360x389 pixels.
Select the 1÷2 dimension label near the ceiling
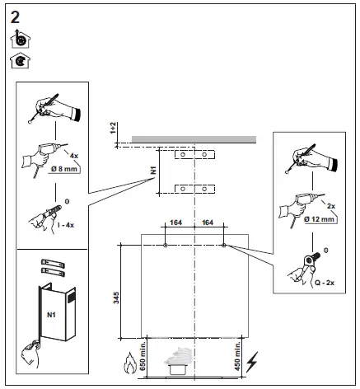(114, 129)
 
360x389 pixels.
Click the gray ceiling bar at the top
(198, 138)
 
